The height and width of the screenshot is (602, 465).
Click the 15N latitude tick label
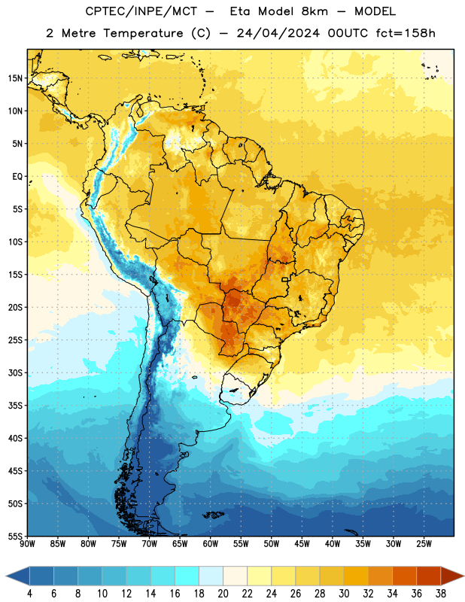coord(15,78)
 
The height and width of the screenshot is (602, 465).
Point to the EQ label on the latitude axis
coord(17,177)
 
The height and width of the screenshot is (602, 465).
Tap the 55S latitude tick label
coord(15,536)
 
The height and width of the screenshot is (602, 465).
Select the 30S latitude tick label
coord(15,372)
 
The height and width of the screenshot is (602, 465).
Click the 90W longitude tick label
coord(27,543)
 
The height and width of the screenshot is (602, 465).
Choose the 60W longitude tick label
coord(211,543)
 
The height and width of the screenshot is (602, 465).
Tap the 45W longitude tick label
coord(302,543)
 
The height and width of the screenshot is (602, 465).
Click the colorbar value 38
coord(441,594)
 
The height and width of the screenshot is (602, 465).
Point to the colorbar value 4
coord(29,594)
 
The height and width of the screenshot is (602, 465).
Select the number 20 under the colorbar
coord(223,594)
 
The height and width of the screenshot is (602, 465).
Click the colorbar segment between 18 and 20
coord(211,576)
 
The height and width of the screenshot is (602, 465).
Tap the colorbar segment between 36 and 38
coord(429,576)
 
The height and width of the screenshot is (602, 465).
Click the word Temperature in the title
coord(143,33)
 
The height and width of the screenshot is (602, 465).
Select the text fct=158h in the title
coord(406,33)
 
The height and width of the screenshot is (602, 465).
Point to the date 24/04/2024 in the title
coord(278,33)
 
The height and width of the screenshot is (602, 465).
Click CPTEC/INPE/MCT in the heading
coord(141,11)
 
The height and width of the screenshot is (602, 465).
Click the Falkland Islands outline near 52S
coord(214,515)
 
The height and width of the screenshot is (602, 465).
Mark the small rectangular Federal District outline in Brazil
coord(285,279)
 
